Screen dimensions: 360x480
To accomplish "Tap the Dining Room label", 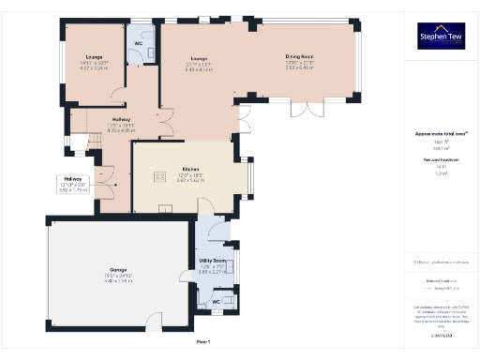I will point(299,56).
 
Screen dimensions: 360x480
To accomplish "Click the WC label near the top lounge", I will point(138,44).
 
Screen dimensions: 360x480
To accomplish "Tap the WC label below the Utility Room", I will point(217,302).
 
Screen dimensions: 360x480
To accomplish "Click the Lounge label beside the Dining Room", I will point(197,56).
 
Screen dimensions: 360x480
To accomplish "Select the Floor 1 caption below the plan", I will point(203,342).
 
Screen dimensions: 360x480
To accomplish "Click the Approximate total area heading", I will point(441,134).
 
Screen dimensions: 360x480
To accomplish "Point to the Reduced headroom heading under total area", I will point(441,160).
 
